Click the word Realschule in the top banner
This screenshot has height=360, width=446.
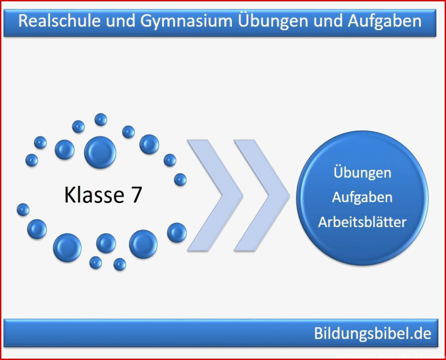tap(60, 21)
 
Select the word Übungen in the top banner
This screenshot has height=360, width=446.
tap(273, 21)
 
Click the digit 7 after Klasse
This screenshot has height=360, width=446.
tap(137, 195)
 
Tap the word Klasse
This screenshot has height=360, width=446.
tap(94, 195)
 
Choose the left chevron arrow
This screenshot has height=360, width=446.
tap(215, 196)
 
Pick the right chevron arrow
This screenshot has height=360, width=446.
tap(262, 196)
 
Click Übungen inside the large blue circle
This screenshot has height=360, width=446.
tap(362, 173)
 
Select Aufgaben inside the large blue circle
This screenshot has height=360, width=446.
tap(362, 197)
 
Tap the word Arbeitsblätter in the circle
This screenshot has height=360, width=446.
tap(362, 222)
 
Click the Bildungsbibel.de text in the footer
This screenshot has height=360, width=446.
tap(373, 333)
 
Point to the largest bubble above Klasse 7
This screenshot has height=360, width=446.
tap(100, 152)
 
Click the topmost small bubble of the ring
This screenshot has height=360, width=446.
tap(100, 119)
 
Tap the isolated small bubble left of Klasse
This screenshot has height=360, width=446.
tap(23, 210)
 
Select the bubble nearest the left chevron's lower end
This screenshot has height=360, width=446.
tap(177, 232)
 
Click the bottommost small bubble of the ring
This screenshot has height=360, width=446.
tap(120, 264)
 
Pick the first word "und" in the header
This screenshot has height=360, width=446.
tap(120, 21)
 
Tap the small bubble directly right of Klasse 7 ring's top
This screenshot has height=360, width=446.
tap(128, 132)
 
